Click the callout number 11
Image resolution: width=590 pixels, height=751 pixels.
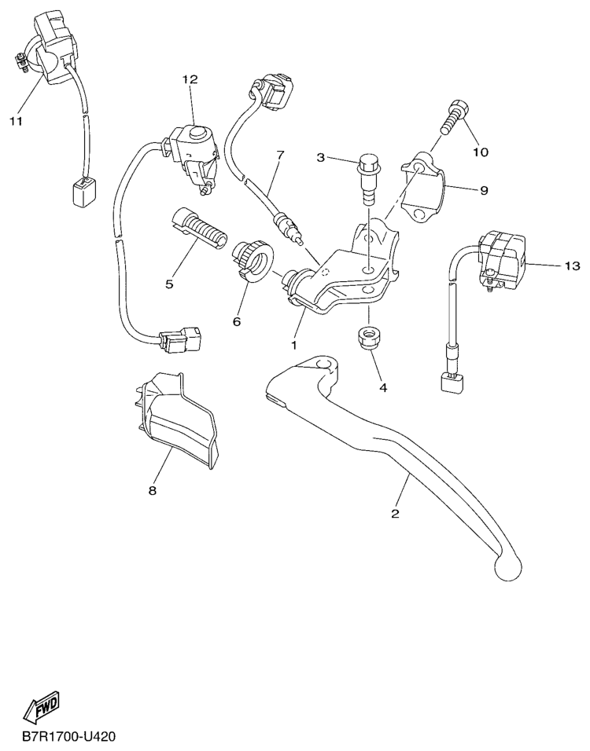point(16,122)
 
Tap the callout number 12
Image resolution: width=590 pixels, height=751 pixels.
point(190,79)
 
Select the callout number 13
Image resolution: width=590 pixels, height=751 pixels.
point(572,266)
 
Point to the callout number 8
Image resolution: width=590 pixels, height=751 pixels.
point(153,490)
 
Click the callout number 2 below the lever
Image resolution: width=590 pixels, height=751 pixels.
point(395,514)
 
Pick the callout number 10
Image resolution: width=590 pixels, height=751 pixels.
point(481,152)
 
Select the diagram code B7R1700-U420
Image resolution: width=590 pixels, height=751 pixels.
point(68,736)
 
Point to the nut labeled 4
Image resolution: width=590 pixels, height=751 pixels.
point(369,338)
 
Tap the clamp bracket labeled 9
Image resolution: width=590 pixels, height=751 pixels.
point(423,186)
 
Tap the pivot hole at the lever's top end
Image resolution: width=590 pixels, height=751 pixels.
point(325,365)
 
